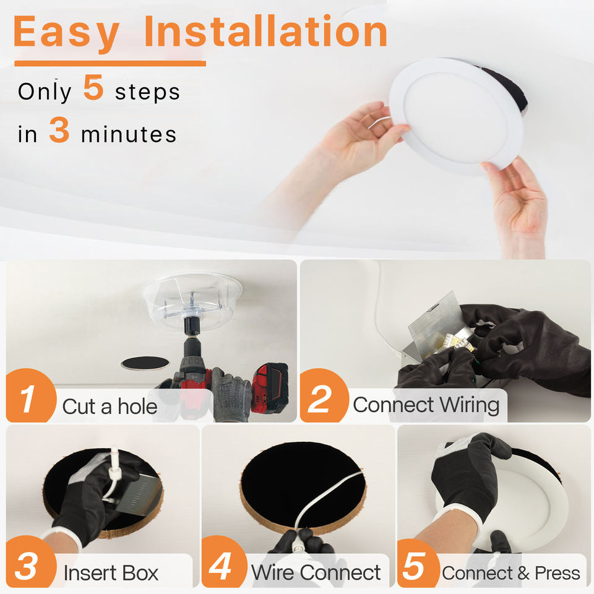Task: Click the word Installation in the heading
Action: [x=265, y=31]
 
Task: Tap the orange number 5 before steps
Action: [x=93, y=87]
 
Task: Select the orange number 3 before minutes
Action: [x=59, y=129]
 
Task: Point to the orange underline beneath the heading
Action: [x=110, y=63]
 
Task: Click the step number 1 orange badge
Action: [x=31, y=395]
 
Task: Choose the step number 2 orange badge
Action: [x=324, y=395]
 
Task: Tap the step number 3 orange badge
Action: [x=31, y=562]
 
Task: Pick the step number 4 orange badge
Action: [x=224, y=562]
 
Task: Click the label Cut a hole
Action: [x=110, y=407]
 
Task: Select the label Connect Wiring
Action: [x=426, y=405]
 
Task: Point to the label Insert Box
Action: [x=111, y=573]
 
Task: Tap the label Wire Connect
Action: [x=316, y=572]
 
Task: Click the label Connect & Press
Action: [x=511, y=573]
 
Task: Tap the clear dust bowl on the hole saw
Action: [x=191, y=299]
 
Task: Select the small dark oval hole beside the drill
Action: [x=145, y=363]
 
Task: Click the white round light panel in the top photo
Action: [x=457, y=114]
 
